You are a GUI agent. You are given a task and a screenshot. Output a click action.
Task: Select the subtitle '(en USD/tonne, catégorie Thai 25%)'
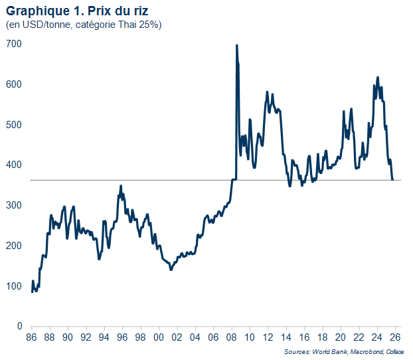click(83, 25)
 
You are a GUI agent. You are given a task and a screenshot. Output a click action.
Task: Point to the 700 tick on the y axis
click(14, 44)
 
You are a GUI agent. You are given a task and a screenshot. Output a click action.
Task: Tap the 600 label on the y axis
click(14, 84)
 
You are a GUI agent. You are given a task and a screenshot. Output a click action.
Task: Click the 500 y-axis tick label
click(14, 125)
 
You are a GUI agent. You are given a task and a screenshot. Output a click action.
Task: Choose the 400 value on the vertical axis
click(14, 165)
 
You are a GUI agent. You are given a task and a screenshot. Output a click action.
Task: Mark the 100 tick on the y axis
click(14, 286)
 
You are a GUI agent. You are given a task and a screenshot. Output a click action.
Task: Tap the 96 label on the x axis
click(122, 338)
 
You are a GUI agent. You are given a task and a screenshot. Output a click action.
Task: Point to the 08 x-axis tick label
click(231, 338)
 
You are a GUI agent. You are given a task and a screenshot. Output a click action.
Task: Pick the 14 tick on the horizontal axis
click(286, 338)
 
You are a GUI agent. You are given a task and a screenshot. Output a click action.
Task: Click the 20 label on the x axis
click(340, 338)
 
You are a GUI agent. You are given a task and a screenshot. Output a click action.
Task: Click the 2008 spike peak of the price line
click(236, 45)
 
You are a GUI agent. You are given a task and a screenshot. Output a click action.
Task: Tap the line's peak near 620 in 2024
click(378, 77)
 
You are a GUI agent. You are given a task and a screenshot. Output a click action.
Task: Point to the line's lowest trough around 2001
click(171, 270)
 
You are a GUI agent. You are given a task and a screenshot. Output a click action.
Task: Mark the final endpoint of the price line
click(392, 179)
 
